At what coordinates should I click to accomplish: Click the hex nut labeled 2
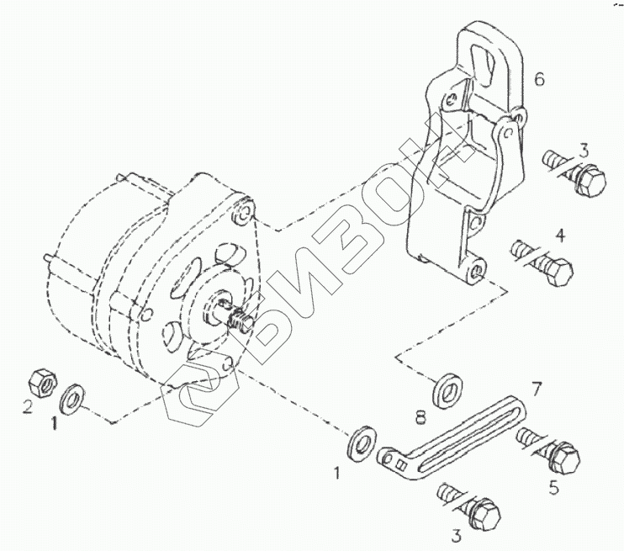pyautogui.click(x=40, y=382)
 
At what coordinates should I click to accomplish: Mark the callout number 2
pyautogui.click(x=27, y=407)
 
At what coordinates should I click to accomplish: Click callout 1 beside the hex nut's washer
pyautogui.click(x=55, y=424)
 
